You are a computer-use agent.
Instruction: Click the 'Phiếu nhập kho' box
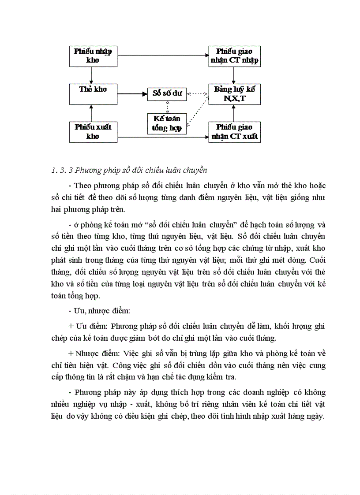[x=93, y=56]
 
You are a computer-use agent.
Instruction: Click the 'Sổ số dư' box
[x=167, y=94]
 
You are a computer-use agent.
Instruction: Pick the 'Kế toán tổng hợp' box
[x=167, y=123]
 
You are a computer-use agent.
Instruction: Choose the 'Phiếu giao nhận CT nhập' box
[x=234, y=56]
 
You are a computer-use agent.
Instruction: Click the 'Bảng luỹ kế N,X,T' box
[x=234, y=94]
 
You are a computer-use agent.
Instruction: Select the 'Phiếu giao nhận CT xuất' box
[x=234, y=132]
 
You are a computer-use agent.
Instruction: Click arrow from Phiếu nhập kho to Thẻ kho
[x=91, y=75]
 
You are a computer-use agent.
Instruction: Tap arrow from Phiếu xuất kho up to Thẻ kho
[x=91, y=113]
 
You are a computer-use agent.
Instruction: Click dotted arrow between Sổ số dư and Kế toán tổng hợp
[x=167, y=106]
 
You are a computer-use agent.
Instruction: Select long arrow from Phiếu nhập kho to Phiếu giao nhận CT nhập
[x=163, y=56]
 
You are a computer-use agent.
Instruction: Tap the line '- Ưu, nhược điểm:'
[x=99, y=311]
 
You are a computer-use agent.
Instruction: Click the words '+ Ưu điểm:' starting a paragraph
[x=88, y=326]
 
